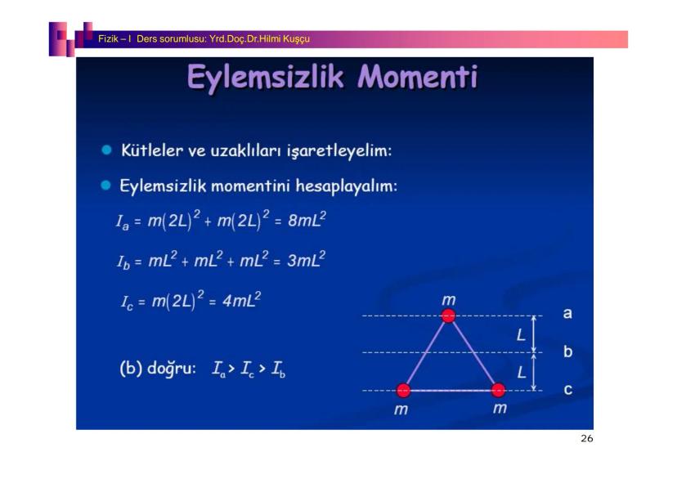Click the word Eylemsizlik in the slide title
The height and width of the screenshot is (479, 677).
click(x=266, y=78)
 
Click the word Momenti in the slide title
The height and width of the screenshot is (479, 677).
click(x=418, y=77)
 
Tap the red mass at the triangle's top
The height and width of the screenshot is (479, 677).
click(x=448, y=316)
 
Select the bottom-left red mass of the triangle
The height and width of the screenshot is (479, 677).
click(x=404, y=390)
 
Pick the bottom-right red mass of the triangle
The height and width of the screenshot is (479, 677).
click(x=498, y=390)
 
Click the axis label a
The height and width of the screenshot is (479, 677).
click(x=567, y=313)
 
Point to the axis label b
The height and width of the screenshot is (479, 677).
click(x=567, y=351)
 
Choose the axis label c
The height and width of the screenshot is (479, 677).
click(x=568, y=390)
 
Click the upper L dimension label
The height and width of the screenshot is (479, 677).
click(x=521, y=334)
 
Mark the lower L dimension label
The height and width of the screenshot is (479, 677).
click(x=522, y=372)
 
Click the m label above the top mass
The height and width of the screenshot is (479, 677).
click(x=449, y=299)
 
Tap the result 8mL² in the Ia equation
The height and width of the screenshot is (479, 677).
click(x=307, y=220)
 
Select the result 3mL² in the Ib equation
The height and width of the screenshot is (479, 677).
click(x=307, y=260)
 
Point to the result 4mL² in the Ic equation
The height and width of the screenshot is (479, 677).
click(x=242, y=299)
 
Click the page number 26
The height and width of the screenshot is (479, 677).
click(x=587, y=438)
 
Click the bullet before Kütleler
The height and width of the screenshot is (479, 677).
click(x=106, y=150)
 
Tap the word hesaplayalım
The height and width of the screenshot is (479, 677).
click(x=347, y=186)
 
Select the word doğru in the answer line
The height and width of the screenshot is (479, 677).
click(x=172, y=369)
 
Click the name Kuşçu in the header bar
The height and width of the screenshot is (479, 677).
click(x=297, y=39)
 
